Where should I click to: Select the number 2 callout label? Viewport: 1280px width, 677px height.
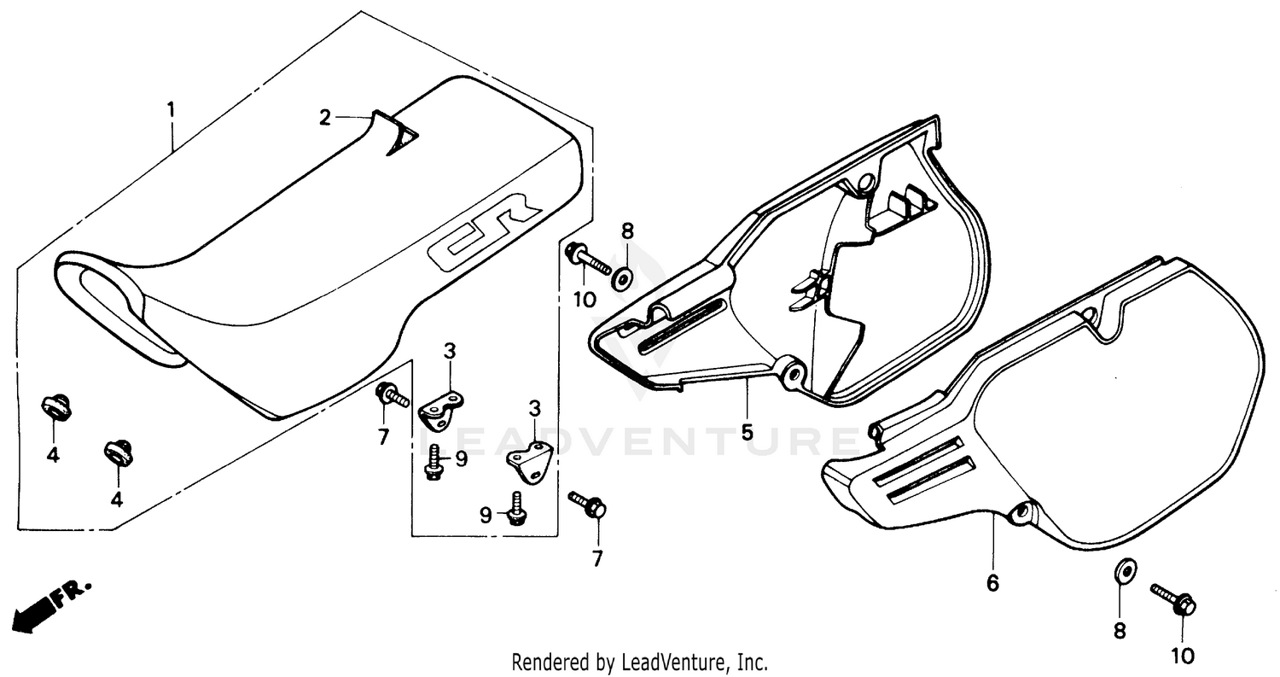click(x=324, y=118)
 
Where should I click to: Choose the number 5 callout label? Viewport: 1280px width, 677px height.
click(x=747, y=432)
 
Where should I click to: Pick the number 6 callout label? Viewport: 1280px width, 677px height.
click(x=992, y=583)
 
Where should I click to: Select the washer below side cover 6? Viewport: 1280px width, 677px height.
click(x=1125, y=569)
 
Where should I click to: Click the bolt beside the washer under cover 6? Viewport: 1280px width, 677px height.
click(x=1174, y=599)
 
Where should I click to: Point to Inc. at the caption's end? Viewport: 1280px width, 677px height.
click(x=752, y=662)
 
